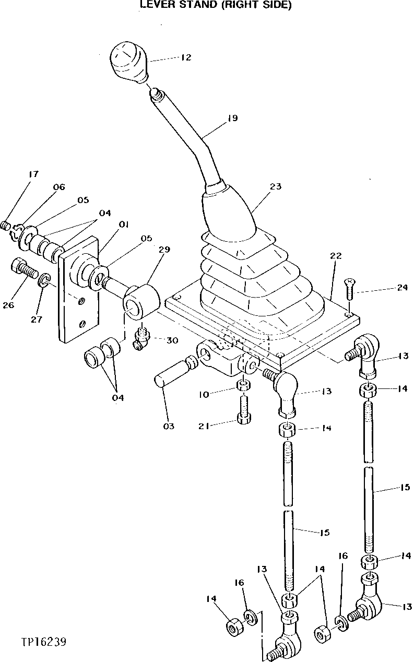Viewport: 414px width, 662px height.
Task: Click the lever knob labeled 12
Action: (128, 62)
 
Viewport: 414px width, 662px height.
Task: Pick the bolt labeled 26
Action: (21, 269)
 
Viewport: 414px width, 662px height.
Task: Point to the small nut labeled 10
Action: (243, 386)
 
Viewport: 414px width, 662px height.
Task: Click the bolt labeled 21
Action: (243, 410)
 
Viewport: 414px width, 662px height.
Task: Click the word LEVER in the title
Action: (156, 5)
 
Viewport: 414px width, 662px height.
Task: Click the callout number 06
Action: (58, 187)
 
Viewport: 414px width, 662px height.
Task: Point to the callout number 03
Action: (168, 426)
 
